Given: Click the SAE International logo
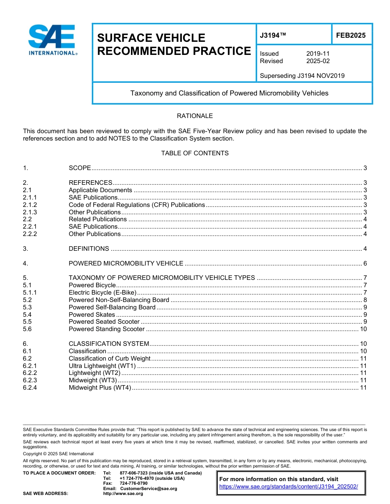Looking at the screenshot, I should (x=52, y=40).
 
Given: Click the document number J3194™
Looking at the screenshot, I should (x=273, y=36).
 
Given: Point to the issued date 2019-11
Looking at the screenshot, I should (x=318, y=54).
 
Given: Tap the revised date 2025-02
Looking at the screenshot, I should (x=318, y=61).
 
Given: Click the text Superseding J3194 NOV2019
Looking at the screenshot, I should (x=302, y=75).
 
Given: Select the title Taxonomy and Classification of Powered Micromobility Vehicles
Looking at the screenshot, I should (x=229, y=93).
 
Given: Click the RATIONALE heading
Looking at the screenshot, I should (x=195, y=116).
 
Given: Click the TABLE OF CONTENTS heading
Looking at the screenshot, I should (x=195, y=153).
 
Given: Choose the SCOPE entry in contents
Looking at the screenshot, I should (x=80, y=168).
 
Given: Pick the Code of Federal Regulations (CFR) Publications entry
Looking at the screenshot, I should (x=136, y=205).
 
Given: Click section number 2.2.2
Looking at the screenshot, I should (x=30, y=234).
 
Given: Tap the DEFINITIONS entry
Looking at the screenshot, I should (x=89, y=249).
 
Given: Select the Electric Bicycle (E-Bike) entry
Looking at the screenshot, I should (x=102, y=293).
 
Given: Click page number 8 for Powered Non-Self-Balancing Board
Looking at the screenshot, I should (x=365, y=300).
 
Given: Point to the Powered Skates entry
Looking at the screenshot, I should (x=92, y=315).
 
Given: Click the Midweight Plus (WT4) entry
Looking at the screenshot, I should (x=100, y=388).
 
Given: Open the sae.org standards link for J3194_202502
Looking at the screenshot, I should (x=289, y=487).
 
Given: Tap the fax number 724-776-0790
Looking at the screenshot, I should (x=133, y=484).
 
